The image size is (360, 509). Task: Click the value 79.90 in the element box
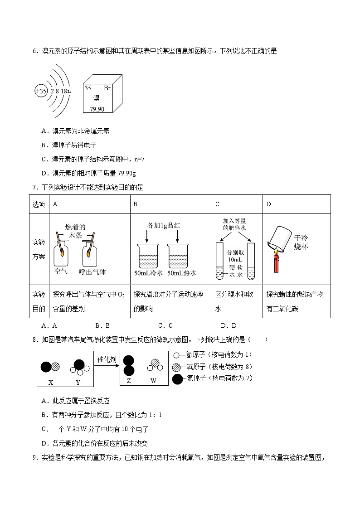[97, 109]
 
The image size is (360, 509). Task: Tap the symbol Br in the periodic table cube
[107, 88]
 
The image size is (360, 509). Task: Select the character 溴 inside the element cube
[97, 98]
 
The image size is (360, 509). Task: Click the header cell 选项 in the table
[39, 204]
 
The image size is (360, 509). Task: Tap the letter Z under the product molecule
[129, 381]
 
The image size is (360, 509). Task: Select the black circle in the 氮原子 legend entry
[178, 378]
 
